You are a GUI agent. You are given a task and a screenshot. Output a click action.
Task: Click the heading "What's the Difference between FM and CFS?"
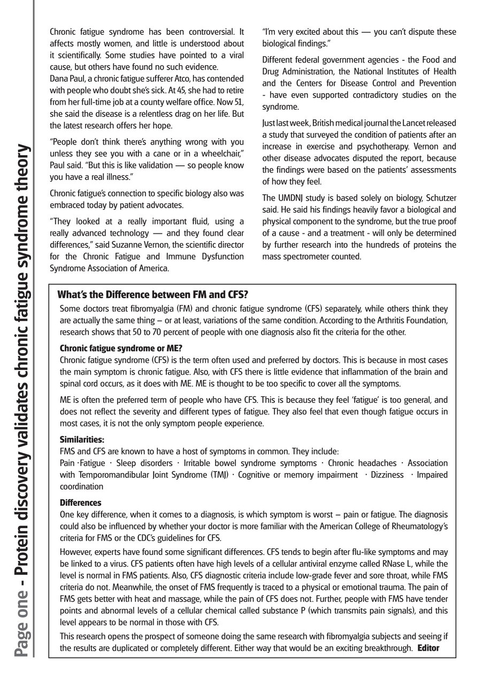[152, 295]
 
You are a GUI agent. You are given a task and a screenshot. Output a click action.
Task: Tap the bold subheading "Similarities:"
[82, 439]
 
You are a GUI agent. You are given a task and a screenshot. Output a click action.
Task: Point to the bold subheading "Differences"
[80, 503]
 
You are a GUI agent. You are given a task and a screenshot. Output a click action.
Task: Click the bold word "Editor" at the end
[428, 648]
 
